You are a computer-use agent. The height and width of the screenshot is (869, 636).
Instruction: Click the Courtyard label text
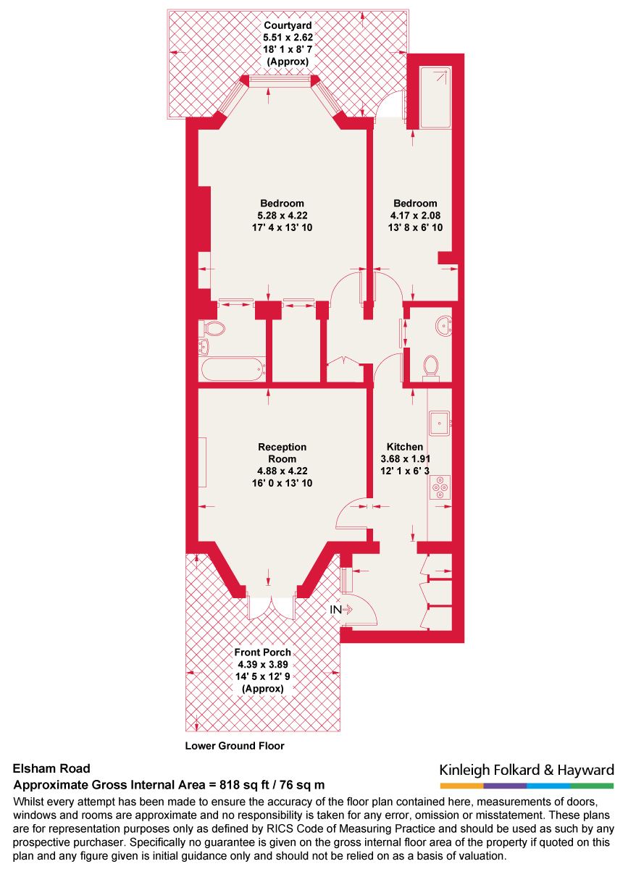[x=288, y=26]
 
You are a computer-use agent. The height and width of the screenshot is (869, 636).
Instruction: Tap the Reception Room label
[x=282, y=453]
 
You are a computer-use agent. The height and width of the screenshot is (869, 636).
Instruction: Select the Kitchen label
[x=404, y=447]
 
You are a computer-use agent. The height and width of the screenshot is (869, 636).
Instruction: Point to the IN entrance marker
[x=336, y=610]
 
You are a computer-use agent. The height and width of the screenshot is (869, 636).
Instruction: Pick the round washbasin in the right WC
[x=444, y=327]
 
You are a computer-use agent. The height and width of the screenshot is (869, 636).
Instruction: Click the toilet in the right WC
[x=432, y=366]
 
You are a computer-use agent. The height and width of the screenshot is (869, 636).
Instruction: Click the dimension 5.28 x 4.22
[x=282, y=215]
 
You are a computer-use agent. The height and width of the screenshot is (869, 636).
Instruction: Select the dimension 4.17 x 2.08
[x=415, y=215]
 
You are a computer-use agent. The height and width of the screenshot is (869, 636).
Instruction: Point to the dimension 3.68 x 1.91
[x=406, y=459]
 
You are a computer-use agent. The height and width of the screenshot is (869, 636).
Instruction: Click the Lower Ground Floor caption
[x=235, y=746]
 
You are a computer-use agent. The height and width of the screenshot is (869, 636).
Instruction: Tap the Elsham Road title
[x=52, y=770]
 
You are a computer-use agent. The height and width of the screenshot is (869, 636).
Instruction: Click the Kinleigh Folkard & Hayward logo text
[x=527, y=770]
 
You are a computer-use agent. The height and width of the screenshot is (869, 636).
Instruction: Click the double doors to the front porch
[x=271, y=606]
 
